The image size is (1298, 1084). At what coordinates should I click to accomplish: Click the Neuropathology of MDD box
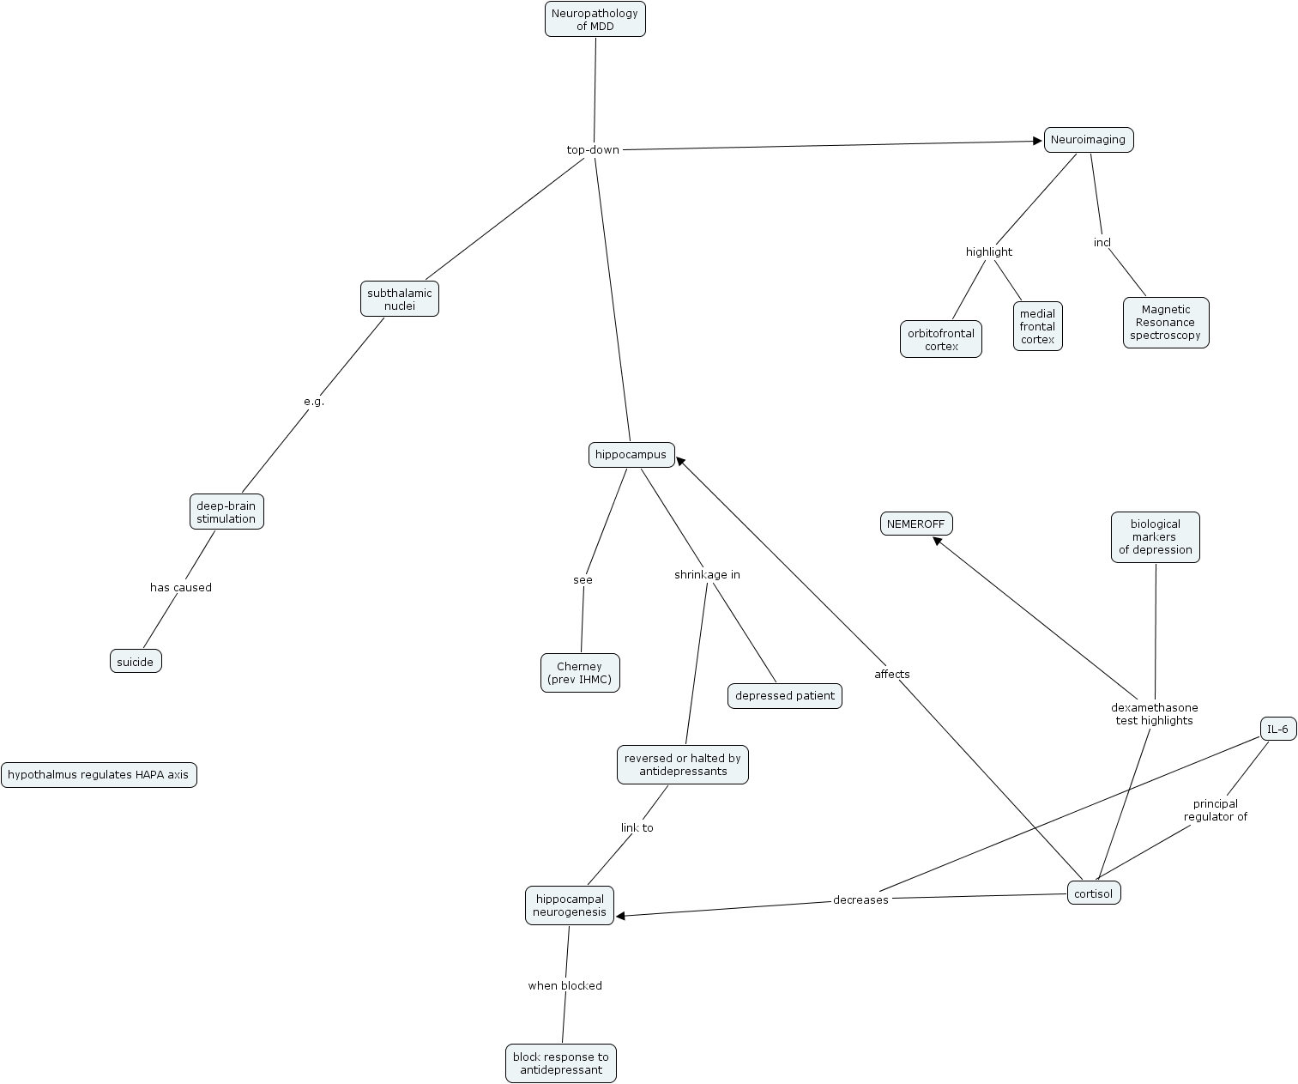[595, 19]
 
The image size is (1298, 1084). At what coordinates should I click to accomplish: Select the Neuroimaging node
[1089, 140]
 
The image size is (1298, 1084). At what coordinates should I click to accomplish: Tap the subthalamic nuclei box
[400, 300]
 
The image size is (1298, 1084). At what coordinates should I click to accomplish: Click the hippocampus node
[631, 455]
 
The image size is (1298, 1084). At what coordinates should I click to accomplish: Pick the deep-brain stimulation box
[226, 512]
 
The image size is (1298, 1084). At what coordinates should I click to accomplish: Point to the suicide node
[136, 661]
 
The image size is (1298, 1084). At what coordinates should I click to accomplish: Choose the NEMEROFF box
[916, 524]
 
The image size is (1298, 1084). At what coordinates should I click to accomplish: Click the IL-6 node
[1278, 729]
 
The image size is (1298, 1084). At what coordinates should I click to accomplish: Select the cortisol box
[1094, 893]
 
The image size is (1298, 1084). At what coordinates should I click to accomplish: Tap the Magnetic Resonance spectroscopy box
[1166, 322]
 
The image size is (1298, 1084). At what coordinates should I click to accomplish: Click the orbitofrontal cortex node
[940, 339]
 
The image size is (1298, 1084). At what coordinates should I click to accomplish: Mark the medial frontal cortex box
[1037, 326]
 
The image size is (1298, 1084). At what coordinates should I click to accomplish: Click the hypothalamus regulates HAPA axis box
[99, 775]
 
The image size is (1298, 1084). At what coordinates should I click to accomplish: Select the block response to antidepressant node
[561, 1063]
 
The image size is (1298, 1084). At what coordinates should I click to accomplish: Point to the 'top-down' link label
[593, 150]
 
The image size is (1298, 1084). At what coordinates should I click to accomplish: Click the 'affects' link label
[892, 674]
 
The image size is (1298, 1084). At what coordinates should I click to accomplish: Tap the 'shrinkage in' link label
[708, 575]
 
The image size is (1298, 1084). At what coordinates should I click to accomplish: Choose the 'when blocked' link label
[565, 986]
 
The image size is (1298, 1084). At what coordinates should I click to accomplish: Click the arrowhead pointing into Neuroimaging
[1037, 141]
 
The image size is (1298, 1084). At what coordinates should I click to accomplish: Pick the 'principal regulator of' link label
[1216, 810]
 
